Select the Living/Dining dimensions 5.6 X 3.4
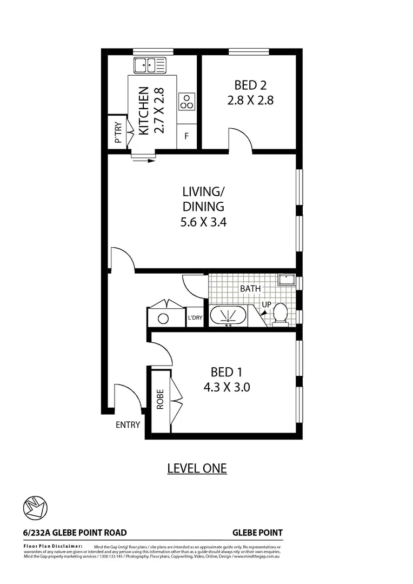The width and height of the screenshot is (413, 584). [203, 221]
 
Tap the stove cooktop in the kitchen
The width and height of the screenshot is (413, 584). [186, 101]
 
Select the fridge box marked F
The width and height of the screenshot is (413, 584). [186, 136]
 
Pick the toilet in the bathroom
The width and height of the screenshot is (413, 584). [280, 314]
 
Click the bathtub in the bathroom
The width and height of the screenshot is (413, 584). [228, 316]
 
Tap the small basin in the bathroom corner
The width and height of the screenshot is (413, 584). [286, 280]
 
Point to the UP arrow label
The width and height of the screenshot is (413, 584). [266, 305]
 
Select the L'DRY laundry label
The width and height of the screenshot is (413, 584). [195, 317]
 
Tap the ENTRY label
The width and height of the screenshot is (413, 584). [128, 424]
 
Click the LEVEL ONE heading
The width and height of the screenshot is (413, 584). [197, 468]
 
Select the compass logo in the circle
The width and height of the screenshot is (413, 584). [35, 507]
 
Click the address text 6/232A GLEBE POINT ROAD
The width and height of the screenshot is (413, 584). [75, 533]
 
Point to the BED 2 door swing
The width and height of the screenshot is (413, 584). [240, 140]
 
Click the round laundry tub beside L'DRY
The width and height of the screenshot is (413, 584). [163, 318]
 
